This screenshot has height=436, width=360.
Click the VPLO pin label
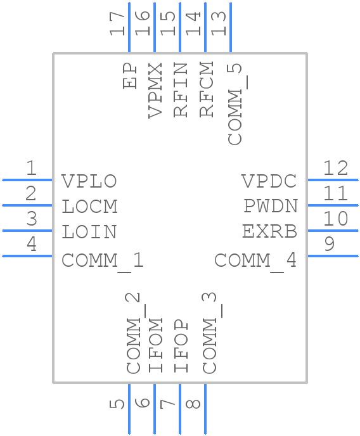(x=89, y=181)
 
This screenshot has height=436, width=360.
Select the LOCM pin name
(x=89, y=207)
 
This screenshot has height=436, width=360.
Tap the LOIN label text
(x=89, y=232)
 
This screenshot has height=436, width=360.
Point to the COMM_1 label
(x=103, y=260)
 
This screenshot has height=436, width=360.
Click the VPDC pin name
(x=269, y=181)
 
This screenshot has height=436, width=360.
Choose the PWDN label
(x=271, y=207)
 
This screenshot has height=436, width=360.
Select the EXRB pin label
(x=269, y=232)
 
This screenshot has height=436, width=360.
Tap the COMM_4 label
(x=255, y=260)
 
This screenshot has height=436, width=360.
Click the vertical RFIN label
(x=181, y=89)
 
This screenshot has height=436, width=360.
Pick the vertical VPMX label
(x=155, y=89)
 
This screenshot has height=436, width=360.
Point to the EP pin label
(x=131, y=75)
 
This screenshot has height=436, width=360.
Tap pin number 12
(x=336, y=169)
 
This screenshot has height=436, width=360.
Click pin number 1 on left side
(x=31, y=169)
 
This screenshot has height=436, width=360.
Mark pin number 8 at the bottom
(x=194, y=402)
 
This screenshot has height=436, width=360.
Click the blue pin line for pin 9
(x=333, y=255)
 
